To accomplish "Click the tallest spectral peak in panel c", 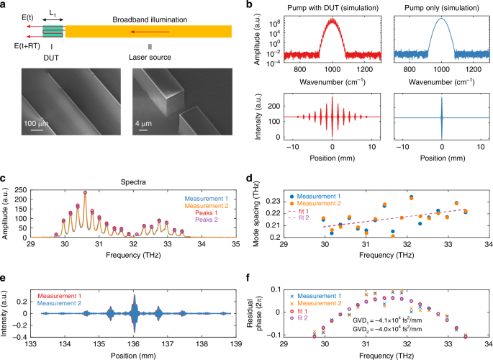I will pyautogui.click(x=86, y=192).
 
